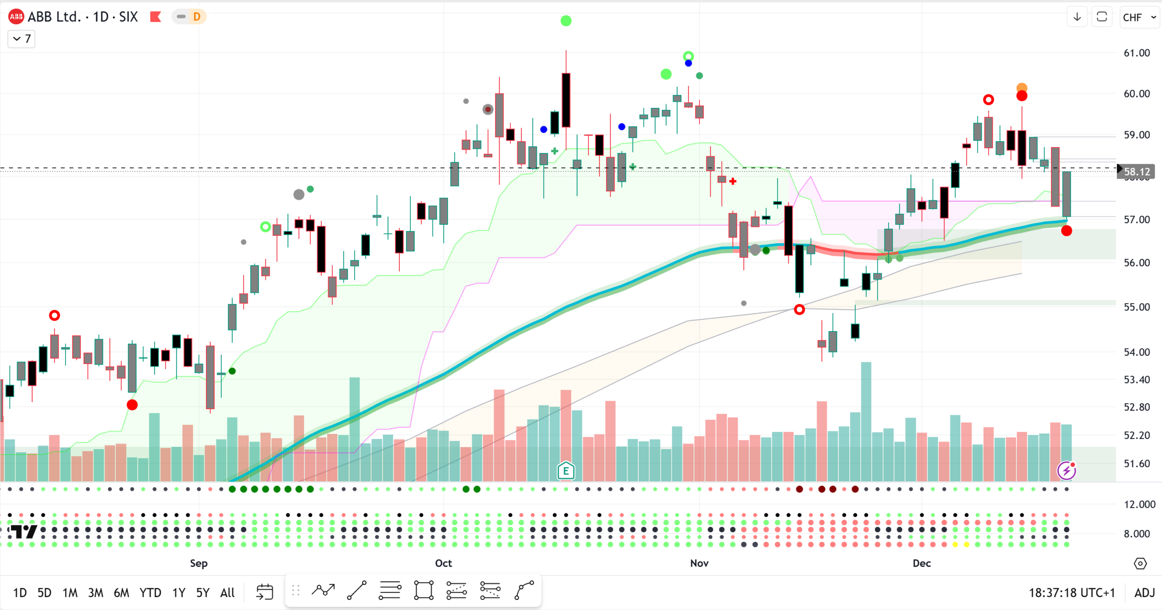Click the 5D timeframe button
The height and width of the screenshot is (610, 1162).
pyautogui.click(x=44, y=593)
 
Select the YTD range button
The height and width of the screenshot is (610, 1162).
pyautogui.click(x=150, y=593)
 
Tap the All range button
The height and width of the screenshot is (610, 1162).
pyautogui.click(x=227, y=593)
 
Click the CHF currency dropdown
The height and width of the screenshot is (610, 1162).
pyautogui.click(x=1139, y=18)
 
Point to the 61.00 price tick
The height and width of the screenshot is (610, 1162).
pyautogui.click(x=1136, y=53)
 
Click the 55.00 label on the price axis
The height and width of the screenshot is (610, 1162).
pyautogui.click(x=1136, y=307)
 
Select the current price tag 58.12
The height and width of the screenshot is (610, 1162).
pyautogui.click(x=1136, y=172)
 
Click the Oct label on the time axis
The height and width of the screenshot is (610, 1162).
pyautogui.click(x=443, y=563)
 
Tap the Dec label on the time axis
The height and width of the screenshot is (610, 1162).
pyautogui.click(x=921, y=563)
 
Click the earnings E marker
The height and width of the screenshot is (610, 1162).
pyautogui.click(x=566, y=471)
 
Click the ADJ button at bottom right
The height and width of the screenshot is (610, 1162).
pyautogui.click(x=1144, y=593)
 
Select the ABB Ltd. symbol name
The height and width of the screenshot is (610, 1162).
pyautogui.click(x=54, y=17)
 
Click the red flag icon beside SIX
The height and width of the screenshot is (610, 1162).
pyautogui.click(x=155, y=17)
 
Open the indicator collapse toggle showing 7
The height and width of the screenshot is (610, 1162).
pyautogui.click(x=21, y=39)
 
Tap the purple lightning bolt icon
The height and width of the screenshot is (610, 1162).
pyautogui.click(x=1066, y=471)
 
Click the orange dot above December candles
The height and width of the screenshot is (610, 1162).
pyautogui.click(x=1022, y=87)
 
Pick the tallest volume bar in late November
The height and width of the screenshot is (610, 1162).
pyautogui.click(x=866, y=421)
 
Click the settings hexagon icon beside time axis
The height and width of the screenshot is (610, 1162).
pyautogui.click(x=1140, y=564)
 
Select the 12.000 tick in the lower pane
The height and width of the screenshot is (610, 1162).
pyautogui.click(x=1139, y=504)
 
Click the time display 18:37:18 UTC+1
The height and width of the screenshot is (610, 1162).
pyautogui.click(x=1071, y=593)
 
